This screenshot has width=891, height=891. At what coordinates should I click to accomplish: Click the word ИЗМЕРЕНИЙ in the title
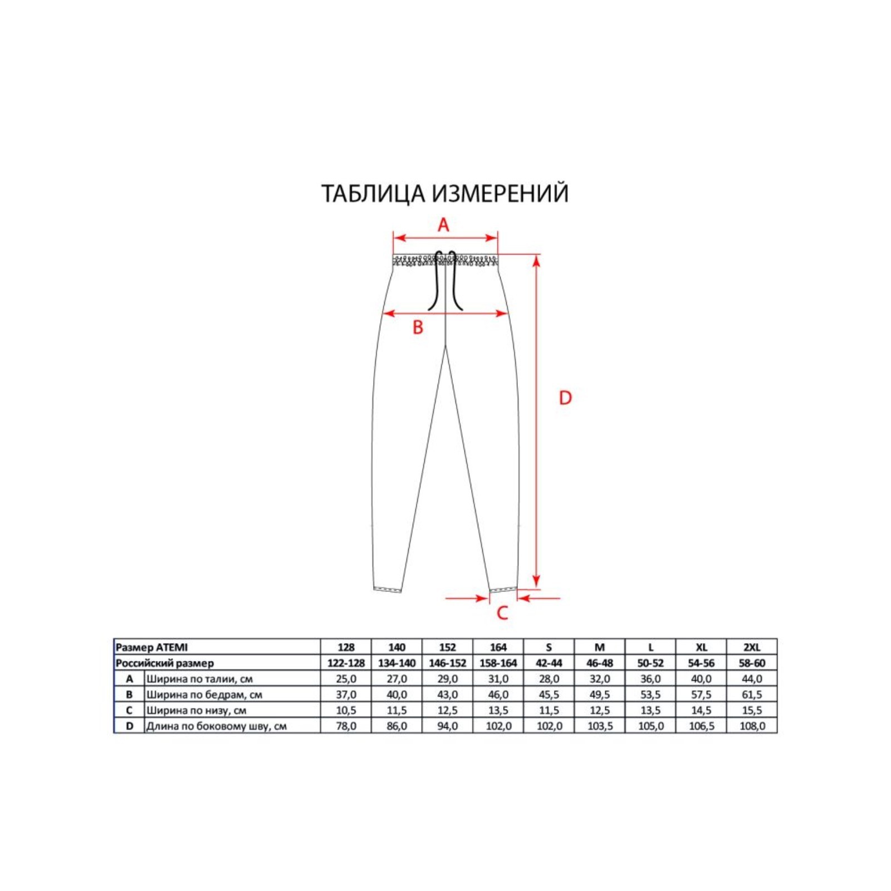point(500,193)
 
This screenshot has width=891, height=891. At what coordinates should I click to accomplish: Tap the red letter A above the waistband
point(443,225)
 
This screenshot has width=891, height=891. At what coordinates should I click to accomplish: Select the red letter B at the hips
point(418,327)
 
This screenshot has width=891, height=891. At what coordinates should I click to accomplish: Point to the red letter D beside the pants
point(565,398)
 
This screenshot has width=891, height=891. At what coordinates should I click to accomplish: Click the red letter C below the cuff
point(502,613)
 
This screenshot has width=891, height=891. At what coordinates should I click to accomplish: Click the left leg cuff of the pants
point(388,589)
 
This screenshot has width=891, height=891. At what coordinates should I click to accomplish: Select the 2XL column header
point(752,647)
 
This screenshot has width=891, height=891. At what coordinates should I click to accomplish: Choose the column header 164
point(498,647)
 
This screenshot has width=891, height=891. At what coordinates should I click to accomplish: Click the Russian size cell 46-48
point(599,663)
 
